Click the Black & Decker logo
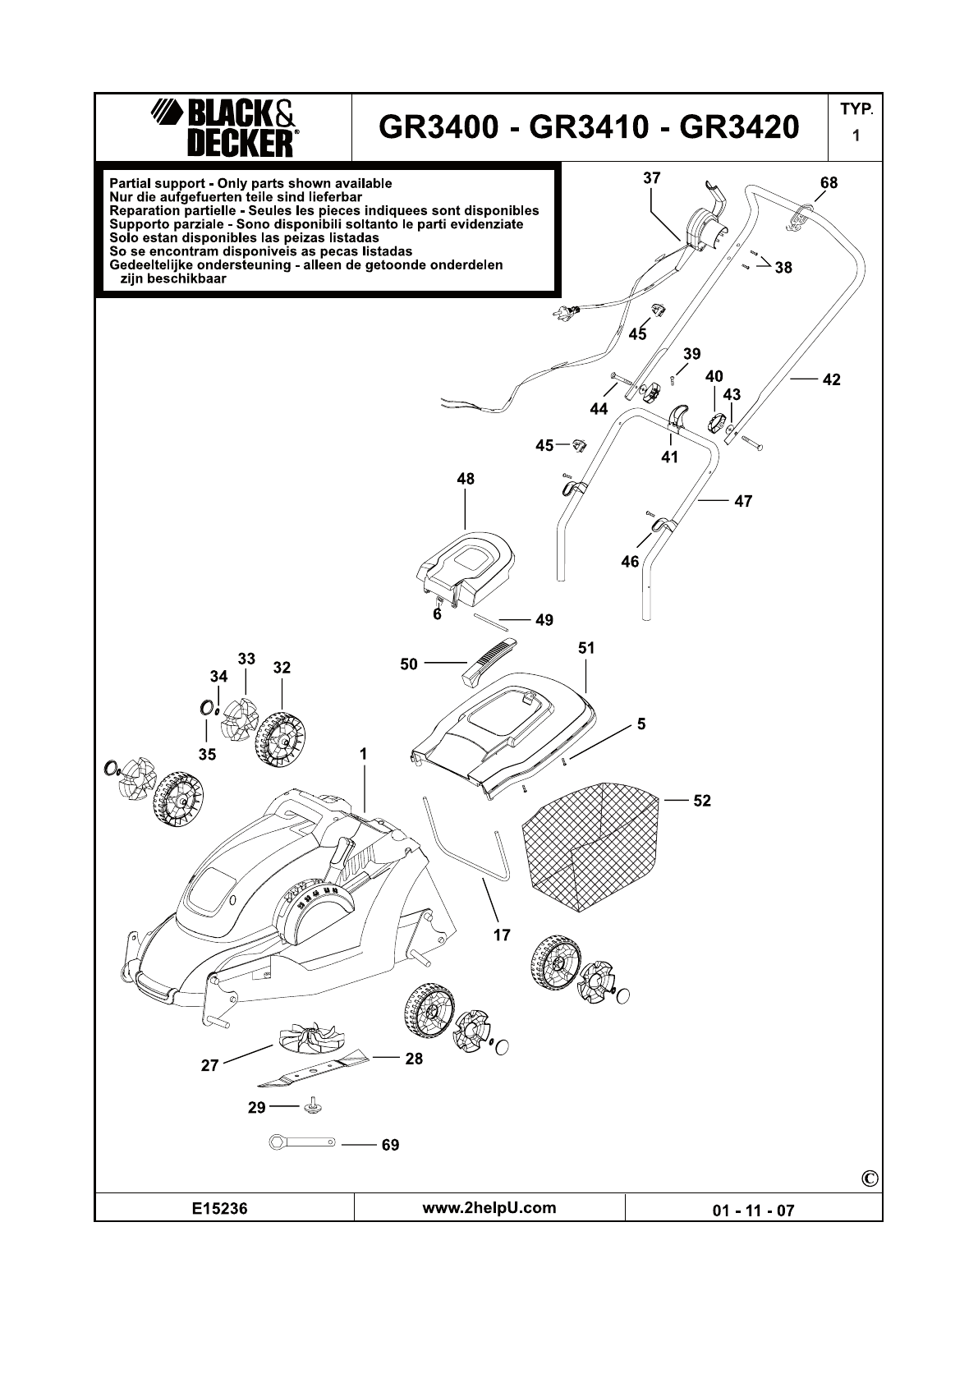tap(223, 128)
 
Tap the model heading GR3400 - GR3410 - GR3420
tap(589, 127)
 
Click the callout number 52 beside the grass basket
tap(702, 801)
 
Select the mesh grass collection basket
tap(591, 846)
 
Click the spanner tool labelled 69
tap(302, 1142)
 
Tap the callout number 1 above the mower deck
tap(363, 753)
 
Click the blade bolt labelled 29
tap(311, 1106)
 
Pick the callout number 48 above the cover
tap(466, 479)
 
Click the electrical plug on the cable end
tap(566, 311)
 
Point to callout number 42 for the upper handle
tap(831, 379)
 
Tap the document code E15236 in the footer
tap(219, 1209)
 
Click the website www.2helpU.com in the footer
tap(489, 1208)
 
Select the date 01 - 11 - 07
tap(753, 1210)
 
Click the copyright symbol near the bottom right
tap(870, 1179)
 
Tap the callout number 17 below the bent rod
tap(501, 935)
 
